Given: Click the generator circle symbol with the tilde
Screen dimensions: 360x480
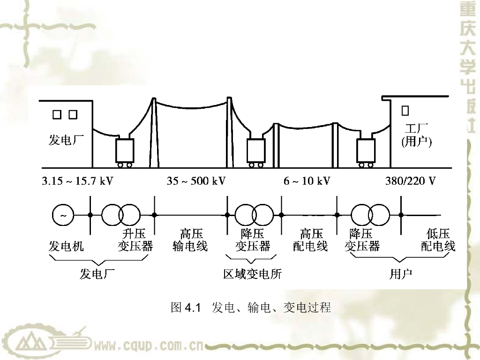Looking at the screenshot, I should click(63, 215).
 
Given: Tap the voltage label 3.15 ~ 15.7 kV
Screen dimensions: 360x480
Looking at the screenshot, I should click(77, 181).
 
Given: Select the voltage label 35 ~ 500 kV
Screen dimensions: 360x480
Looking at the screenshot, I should click(196, 181).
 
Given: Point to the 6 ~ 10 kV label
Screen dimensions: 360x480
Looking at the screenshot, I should click(307, 181).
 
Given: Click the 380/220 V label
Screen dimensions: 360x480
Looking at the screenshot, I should click(410, 181).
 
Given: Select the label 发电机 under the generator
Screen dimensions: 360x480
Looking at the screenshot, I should click(67, 246).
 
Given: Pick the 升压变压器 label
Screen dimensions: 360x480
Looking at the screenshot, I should click(135, 240).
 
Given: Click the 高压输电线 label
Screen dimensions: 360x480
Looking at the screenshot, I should click(190, 240).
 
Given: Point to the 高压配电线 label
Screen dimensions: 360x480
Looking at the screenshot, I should click(310, 240).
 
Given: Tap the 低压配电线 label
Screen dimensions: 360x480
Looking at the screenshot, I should click(438, 240).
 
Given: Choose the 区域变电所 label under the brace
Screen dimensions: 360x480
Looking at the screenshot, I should click(253, 274).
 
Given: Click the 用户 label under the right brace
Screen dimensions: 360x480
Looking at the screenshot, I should click(401, 274).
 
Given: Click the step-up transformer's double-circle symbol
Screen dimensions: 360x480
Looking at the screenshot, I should click(121, 215).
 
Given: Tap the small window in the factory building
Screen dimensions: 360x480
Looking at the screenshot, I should click(405, 111).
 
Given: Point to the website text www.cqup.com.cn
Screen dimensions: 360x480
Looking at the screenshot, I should click(148, 346).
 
